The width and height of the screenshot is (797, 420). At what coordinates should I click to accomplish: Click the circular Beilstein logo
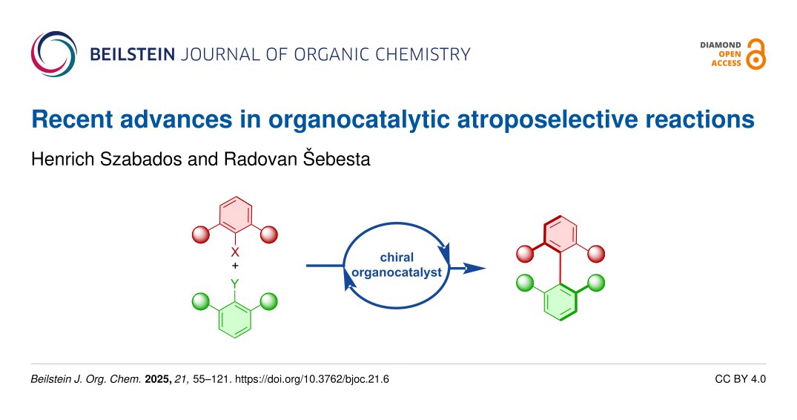[x=53, y=53]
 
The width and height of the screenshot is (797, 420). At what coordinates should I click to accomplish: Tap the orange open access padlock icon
[x=755, y=54]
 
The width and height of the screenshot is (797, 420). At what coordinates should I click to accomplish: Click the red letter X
[x=235, y=252]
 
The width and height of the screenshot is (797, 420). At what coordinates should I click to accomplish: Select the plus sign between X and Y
[x=235, y=266]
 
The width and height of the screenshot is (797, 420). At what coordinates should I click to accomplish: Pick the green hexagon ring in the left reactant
[x=235, y=318]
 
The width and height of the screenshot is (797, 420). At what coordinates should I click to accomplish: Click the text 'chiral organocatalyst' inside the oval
[x=396, y=265]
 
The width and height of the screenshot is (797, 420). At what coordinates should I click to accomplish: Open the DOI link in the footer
[x=311, y=379]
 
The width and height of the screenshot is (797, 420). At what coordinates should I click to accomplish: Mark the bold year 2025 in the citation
[x=156, y=379]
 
